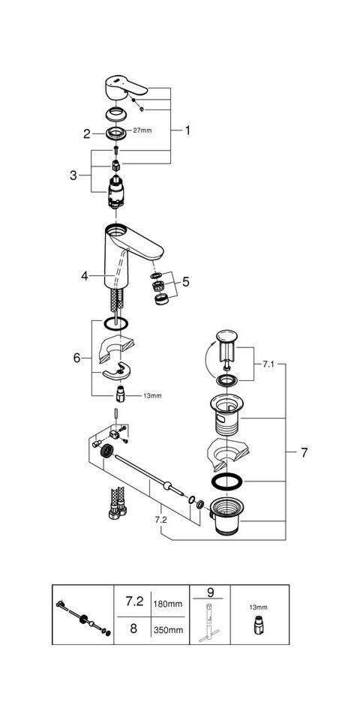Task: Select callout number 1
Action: tap(187, 130)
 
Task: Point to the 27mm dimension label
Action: tap(142, 130)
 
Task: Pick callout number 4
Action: tap(86, 276)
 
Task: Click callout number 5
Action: tap(187, 283)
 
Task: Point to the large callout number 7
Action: tap(304, 453)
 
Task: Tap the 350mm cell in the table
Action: tap(167, 630)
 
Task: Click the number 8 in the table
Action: tap(133, 629)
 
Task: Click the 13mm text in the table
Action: tap(257, 607)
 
